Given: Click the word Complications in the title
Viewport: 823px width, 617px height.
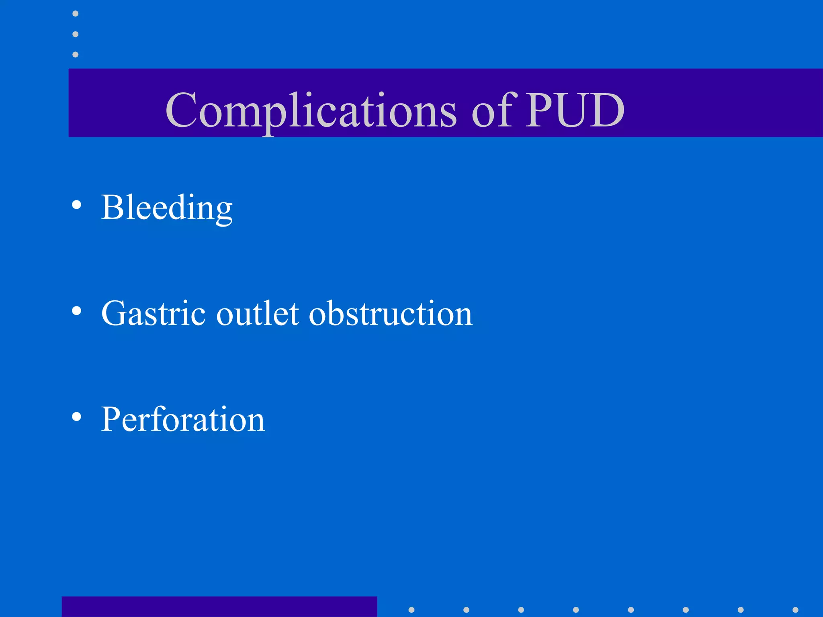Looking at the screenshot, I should click(311, 110).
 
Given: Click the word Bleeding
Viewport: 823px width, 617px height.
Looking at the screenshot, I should click(167, 208).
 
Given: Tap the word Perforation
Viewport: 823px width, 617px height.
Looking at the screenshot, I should click(183, 419).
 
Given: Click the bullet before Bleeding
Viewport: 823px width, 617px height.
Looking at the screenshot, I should click(76, 205).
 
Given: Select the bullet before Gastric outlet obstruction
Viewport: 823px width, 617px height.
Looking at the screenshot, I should click(76, 311).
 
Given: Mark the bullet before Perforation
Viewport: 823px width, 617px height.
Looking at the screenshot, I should click(76, 417).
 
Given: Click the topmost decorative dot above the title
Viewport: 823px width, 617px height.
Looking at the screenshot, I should click(75, 14).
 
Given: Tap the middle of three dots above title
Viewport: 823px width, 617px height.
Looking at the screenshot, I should click(75, 34).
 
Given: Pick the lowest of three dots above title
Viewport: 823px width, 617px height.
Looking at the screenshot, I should click(75, 54).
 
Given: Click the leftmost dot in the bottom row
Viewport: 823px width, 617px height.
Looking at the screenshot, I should click(411, 610).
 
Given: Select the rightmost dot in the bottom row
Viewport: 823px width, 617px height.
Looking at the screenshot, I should click(795, 610).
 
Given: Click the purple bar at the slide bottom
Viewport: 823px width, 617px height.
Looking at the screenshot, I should click(219, 607).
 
